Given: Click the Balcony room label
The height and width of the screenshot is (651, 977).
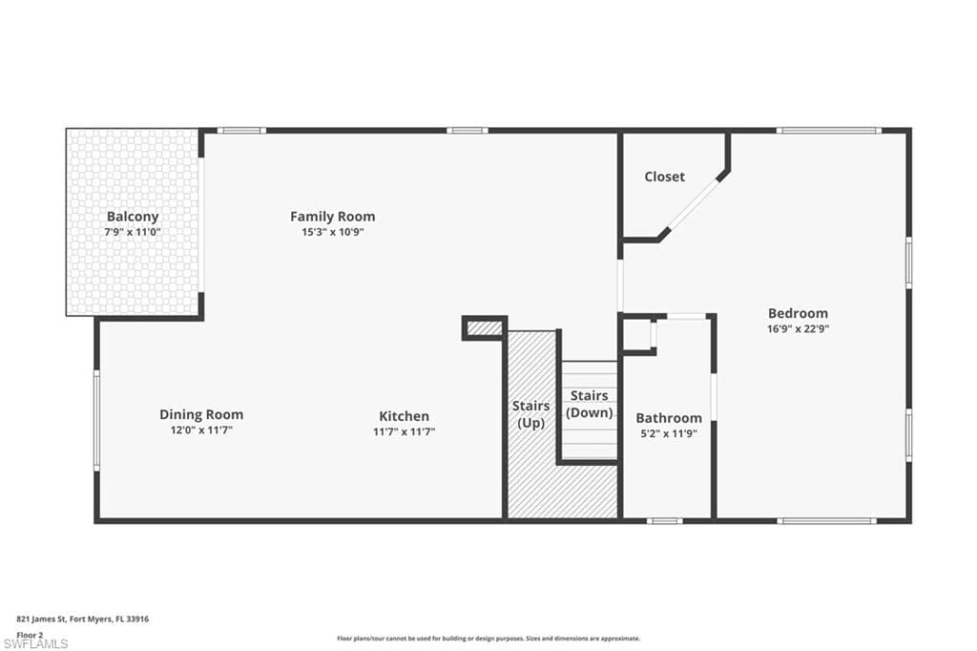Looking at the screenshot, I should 133,217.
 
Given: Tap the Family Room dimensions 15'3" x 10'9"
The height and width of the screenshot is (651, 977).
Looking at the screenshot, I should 332,232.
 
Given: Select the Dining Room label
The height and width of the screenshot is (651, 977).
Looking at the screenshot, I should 200,414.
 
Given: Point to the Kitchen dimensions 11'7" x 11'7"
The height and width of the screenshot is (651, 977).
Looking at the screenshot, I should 404,431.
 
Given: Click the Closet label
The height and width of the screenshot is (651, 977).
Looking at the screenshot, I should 664,177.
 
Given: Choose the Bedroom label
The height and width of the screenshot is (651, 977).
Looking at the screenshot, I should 798,313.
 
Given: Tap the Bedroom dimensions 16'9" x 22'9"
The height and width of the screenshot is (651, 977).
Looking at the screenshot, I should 798,328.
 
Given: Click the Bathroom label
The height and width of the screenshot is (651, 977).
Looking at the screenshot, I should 668,418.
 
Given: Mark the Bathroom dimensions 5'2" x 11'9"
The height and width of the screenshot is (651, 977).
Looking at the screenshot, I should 668,432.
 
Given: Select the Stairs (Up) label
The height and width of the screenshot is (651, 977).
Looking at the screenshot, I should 530,414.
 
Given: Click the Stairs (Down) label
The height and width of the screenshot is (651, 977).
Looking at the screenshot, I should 589,404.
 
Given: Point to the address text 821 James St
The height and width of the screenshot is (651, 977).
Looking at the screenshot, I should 83,619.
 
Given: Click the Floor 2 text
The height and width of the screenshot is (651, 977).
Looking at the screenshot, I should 31,634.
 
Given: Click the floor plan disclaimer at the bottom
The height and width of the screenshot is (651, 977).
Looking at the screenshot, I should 488,639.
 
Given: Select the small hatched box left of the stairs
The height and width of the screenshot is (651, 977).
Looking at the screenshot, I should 485,328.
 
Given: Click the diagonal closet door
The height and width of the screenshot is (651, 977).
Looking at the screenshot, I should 696,202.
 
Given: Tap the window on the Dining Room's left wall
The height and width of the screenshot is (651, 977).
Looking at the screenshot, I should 96,420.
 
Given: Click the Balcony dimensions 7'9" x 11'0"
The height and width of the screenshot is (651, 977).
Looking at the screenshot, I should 133,232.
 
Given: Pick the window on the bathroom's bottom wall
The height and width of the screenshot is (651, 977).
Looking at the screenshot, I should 664,520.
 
